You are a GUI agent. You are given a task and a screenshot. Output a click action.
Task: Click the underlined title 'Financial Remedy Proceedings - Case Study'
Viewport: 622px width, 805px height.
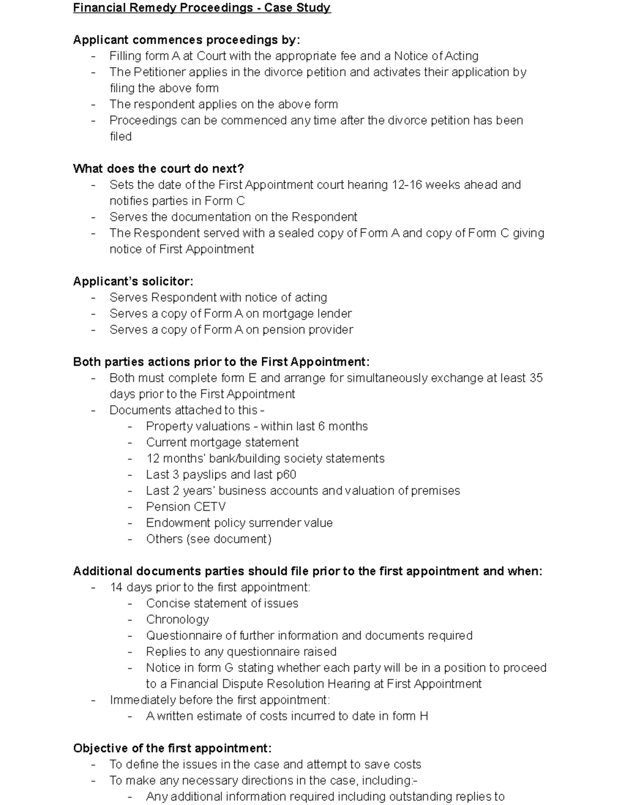pyautogui.click(x=202, y=8)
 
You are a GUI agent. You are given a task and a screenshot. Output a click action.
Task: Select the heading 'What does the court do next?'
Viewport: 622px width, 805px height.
pyautogui.click(x=159, y=169)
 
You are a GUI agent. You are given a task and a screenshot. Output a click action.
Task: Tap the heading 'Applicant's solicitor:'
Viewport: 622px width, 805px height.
pyautogui.click(x=133, y=281)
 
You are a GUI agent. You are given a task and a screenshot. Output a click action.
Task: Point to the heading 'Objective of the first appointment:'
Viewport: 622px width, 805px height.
pyautogui.click(x=172, y=748)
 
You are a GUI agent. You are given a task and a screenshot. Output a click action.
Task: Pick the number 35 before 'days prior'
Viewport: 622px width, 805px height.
pyautogui.click(x=536, y=378)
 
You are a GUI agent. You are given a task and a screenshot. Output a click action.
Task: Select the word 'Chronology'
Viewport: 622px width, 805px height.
pyautogui.click(x=177, y=619)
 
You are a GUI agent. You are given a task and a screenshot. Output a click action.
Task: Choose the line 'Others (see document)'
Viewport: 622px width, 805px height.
pyautogui.click(x=208, y=539)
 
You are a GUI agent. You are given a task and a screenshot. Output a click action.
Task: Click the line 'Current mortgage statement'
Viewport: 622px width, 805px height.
pyautogui.click(x=222, y=442)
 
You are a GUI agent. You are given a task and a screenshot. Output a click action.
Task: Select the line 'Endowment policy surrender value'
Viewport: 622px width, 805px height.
pyautogui.click(x=239, y=522)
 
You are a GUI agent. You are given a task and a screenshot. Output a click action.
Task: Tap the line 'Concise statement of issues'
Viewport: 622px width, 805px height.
pyautogui.click(x=222, y=603)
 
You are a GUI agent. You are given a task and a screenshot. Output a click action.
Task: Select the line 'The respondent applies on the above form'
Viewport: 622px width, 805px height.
pyautogui.click(x=223, y=104)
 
